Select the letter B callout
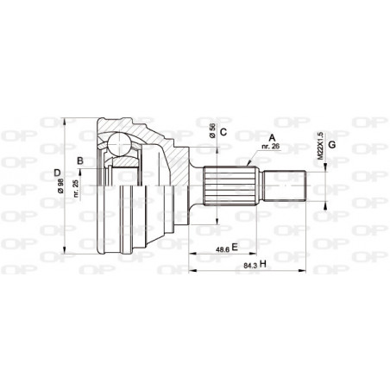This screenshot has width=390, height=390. pyautogui.click(x=80, y=160)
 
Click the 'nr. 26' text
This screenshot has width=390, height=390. pyautogui.click(x=273, y=148)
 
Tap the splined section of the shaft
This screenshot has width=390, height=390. pyautogui.click(x=230, y=184)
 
